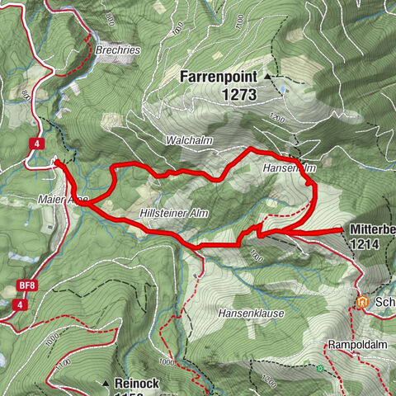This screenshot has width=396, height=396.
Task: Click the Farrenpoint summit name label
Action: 218,77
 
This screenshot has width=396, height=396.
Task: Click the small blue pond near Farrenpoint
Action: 282,87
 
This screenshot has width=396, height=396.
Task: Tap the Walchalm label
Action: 189,141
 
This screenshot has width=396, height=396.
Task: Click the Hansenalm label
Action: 290,167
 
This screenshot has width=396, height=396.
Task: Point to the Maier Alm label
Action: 63,199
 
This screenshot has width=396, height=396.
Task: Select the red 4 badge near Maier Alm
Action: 36,143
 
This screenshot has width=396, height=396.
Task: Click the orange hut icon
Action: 361,301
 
